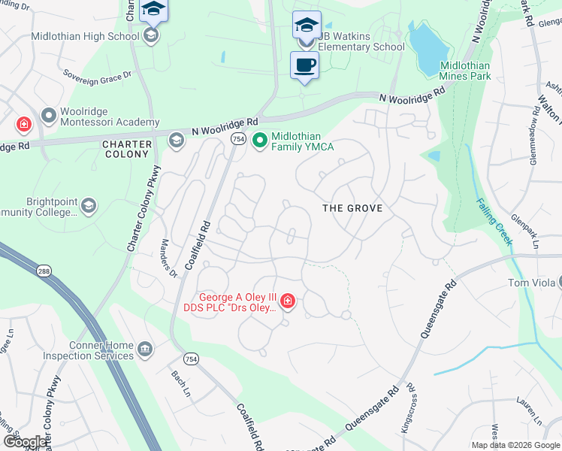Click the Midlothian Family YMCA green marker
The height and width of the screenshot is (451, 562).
tap(260, 141)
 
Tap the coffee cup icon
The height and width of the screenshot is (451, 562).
tap(304, 65)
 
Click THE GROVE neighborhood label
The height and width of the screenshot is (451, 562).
tap(352, 208)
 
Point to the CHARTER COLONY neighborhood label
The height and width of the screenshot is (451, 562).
tap(125, 149)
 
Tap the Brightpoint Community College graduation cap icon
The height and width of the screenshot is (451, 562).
tap(89, 206)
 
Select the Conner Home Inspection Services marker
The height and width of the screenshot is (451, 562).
tap(144, 348)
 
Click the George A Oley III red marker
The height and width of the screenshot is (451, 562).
tap(288, 301)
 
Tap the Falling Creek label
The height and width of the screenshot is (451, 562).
tap(494, 222)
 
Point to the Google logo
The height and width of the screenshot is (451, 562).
tap(24, 442)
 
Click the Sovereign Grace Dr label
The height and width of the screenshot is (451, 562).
tap(97, 74)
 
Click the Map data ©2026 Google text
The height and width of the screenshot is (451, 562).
tap(515, 445)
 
